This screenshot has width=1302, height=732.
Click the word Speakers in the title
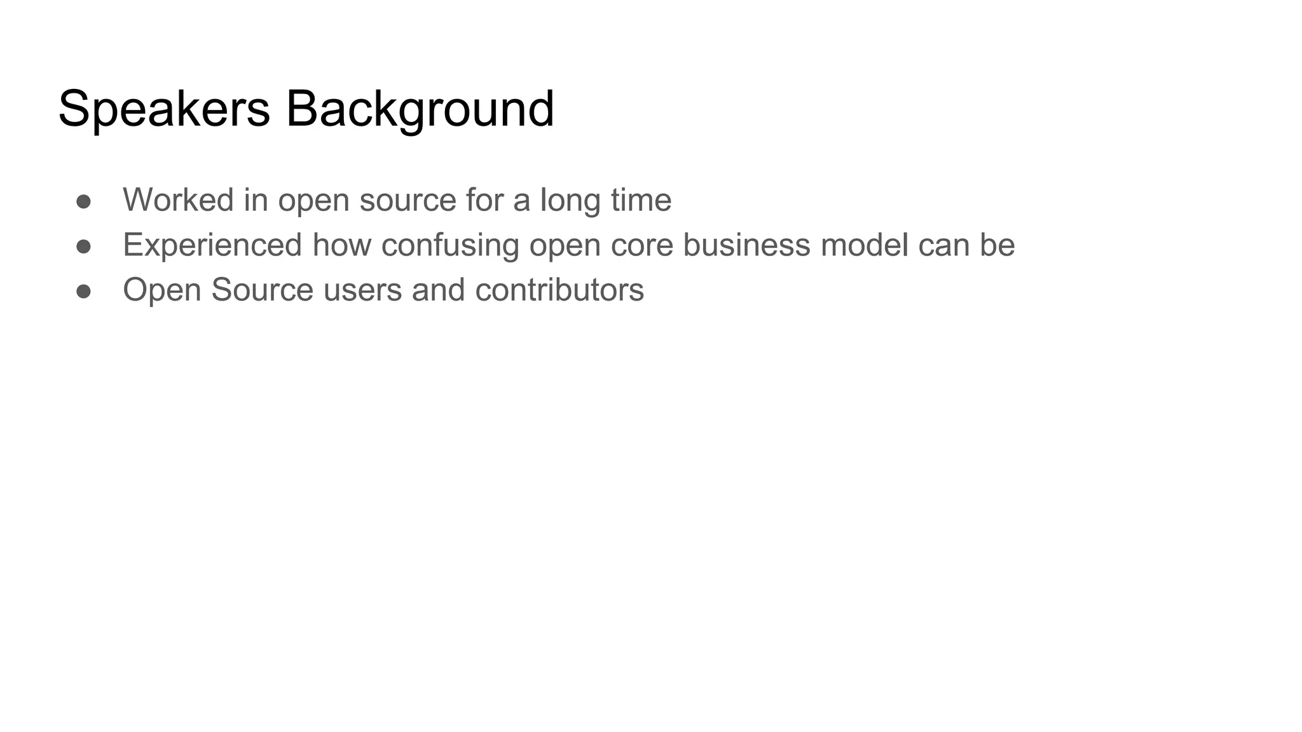coord(164,109)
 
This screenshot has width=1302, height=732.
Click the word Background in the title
coord(420,109)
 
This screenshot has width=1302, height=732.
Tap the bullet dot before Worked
coord(84,201)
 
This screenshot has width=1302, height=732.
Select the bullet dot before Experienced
coord(84,247)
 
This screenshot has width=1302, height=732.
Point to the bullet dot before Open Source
coord(84,291)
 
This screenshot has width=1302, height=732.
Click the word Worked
coord(178,200)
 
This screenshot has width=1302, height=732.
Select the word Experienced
coord(212,245)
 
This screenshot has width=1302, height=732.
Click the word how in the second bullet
coord(341,245)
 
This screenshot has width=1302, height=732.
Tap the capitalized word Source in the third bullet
coord(262,290)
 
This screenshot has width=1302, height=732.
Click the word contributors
coord(559,290)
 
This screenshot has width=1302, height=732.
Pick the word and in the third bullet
coord(438,290)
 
